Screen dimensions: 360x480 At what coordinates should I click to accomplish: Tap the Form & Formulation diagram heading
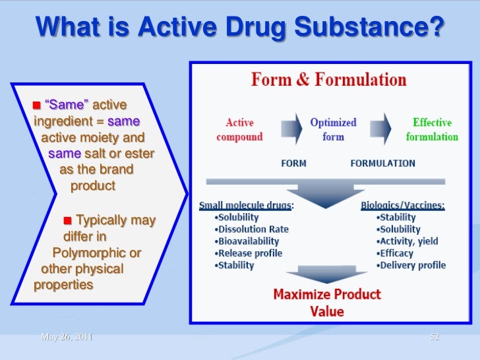tap(328, 80)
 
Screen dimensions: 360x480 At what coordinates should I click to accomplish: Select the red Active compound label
tap(240, 130)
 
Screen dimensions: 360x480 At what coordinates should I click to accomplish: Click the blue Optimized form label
tap(333, 129)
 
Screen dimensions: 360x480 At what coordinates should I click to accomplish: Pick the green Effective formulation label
tap(431, 130)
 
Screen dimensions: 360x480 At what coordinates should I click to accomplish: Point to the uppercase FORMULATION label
tap(382, 164)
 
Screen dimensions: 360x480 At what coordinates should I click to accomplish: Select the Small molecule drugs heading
tap(246, 206)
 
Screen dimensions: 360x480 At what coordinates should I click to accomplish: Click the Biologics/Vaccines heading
tap(402, 206)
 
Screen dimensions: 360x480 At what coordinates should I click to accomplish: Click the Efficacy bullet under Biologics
tap(396, 253)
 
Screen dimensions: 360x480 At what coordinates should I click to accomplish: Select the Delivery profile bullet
tap(412, 265)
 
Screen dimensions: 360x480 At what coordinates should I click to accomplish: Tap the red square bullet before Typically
tap(68, 220)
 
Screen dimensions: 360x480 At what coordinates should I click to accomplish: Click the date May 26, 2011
tap(66, 337)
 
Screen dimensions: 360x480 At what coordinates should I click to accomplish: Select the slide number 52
tap(434, 337)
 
